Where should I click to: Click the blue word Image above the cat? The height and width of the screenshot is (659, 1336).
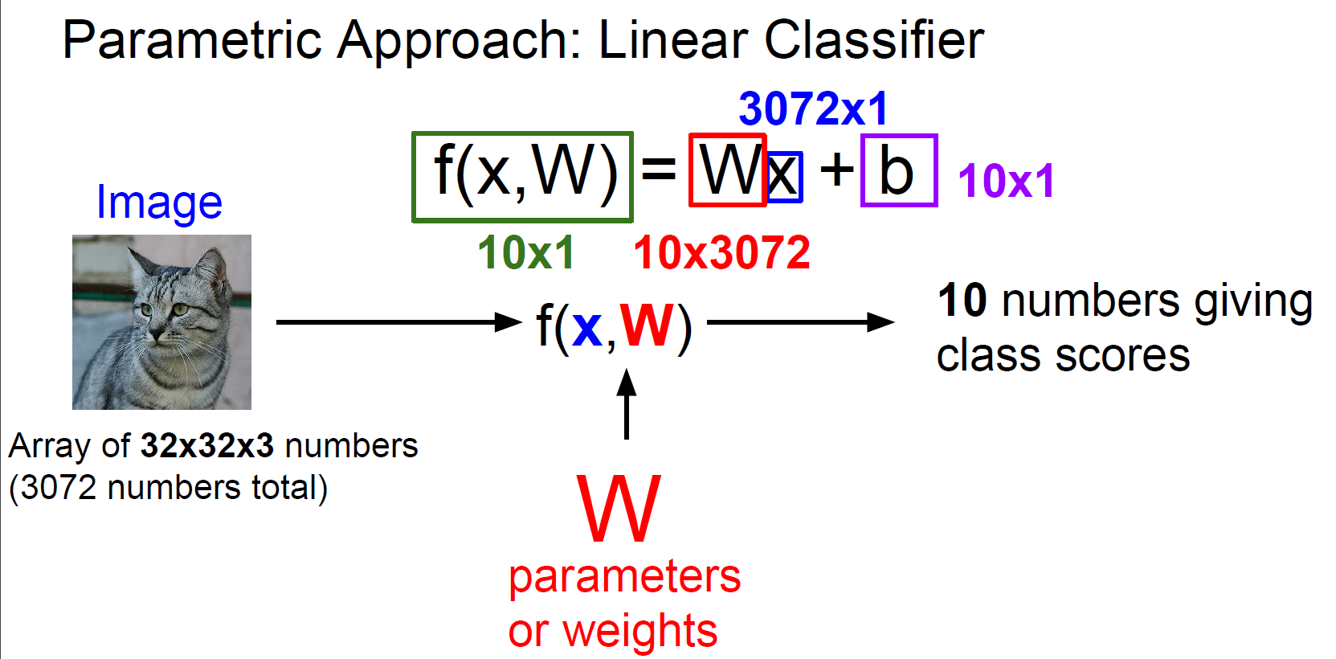click(x=159, y=203)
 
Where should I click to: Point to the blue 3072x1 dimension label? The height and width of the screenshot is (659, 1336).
click(x=813, y=108)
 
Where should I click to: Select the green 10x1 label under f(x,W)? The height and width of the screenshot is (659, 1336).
click(x=526, y=252)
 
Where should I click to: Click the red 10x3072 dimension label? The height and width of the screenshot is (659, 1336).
click(x=721, y=252)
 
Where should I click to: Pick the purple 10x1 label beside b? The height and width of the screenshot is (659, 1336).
click(x=1006, y=180)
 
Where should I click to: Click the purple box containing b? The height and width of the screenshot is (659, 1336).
click(x=898, y=170)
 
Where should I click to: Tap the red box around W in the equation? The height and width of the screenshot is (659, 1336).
click(x=727, y=170)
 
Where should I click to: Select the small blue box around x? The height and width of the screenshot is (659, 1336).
click(x=785, y=177)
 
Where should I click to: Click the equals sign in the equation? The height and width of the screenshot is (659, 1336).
click(x=659, y=170)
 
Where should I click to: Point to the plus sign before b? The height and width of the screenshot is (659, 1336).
click(x=837, y=170)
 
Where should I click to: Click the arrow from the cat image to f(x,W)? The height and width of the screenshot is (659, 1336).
click(x=398, y=322)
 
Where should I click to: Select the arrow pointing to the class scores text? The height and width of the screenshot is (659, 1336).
click(x=800, y=322)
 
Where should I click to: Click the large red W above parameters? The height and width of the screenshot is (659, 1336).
click(x=619, y=509)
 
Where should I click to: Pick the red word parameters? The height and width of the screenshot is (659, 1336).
click(x=624, y=576)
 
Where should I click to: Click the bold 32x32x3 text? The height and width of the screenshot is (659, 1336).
click(x=207, y=445)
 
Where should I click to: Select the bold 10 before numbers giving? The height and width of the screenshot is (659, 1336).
click(x=962, y=301)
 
